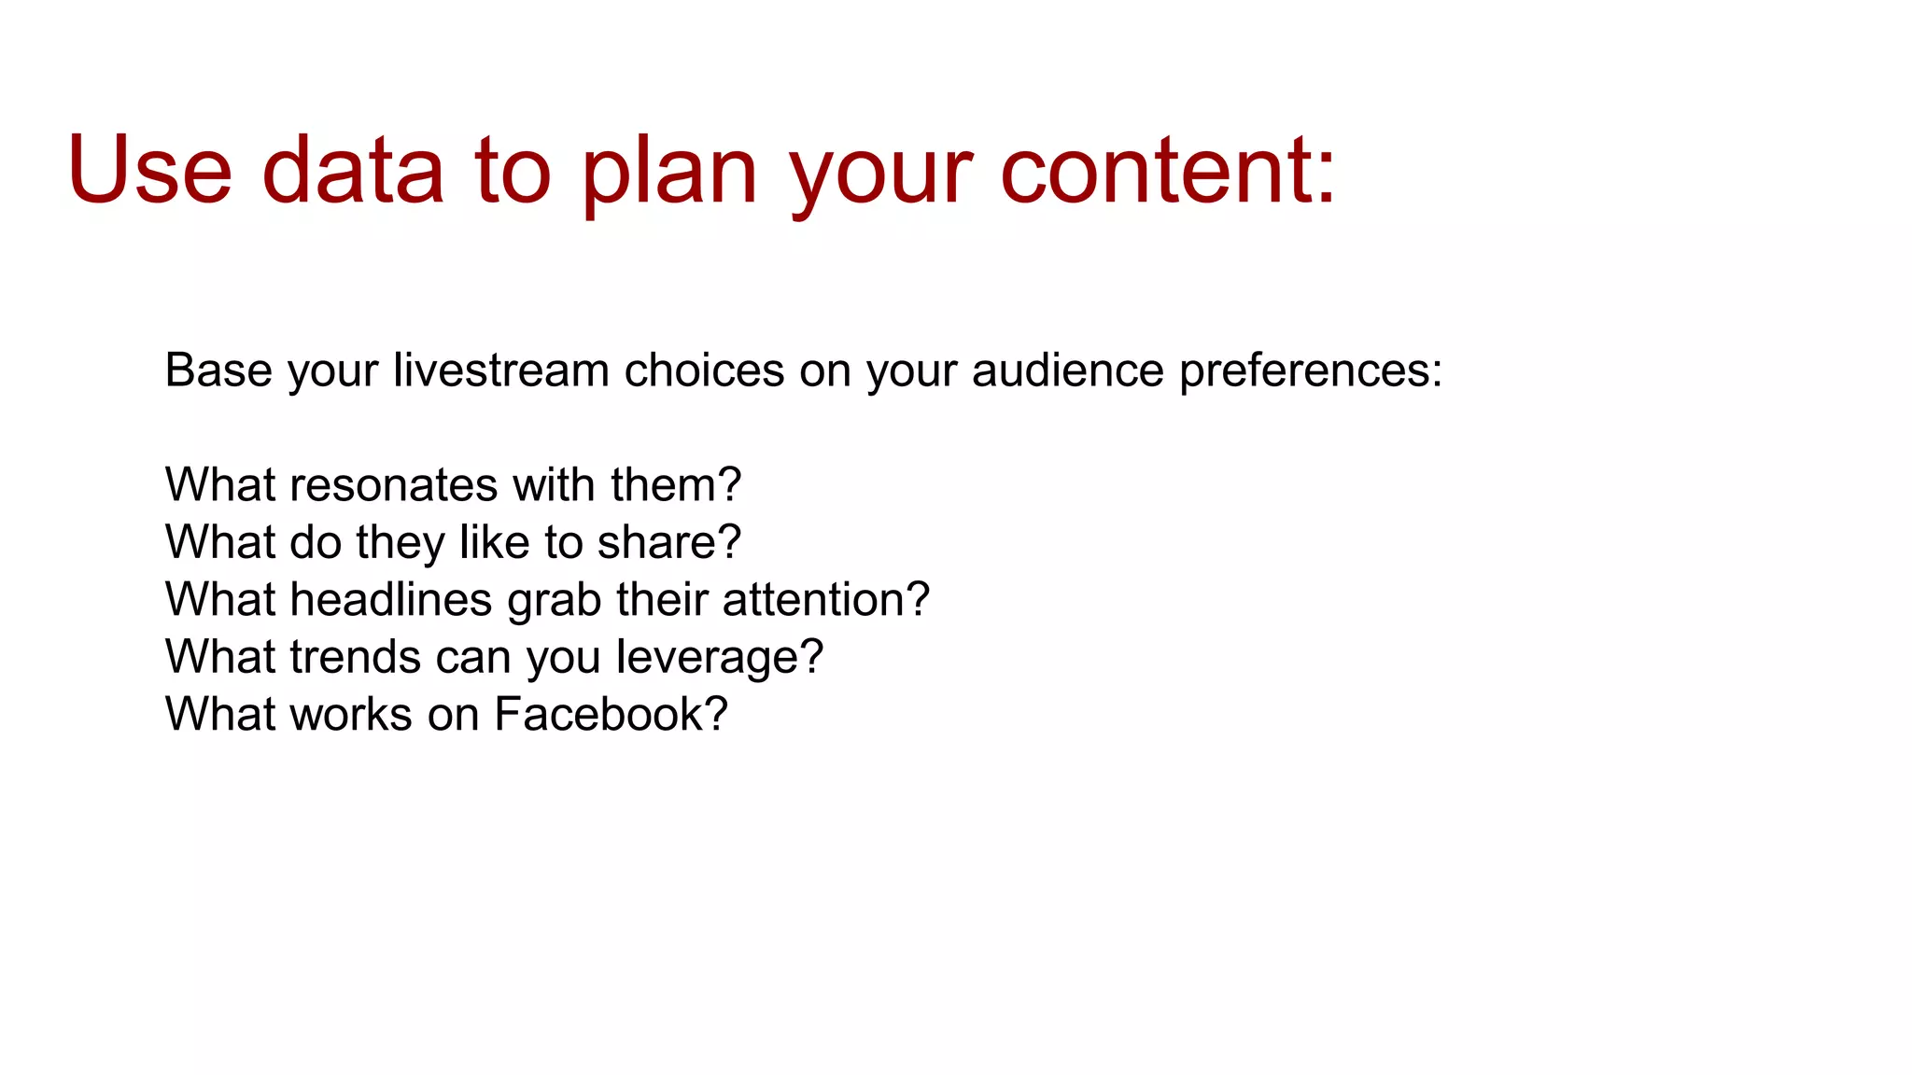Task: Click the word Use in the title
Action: coord(149,170)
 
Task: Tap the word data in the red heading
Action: coord(353,170)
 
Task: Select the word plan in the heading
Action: coord(668,170)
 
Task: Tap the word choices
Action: coord(703,370)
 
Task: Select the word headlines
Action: coord(390,599)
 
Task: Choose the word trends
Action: coord(355,657)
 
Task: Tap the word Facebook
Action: coord(597,714)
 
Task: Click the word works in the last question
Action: coord(350,714)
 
